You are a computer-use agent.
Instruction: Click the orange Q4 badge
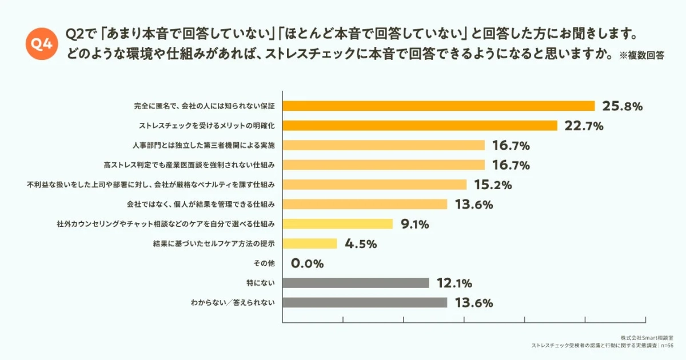click(x=42, y=43)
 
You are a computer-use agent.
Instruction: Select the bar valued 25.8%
click(x=438, y=106)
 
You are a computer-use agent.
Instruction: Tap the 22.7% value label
click(x=584, y=126)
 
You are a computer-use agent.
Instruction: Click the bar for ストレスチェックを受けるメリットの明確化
click(x=420, y=125)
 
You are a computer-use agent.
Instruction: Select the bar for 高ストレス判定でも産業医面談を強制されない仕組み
click(x=384, y=165)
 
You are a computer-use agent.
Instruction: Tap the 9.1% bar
click(x=337, y=223)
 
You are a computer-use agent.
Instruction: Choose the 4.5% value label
click(x=361, y=244)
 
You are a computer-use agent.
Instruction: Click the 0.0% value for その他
click(x=307, y=263)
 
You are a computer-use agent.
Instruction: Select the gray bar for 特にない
click(x=356, y=283)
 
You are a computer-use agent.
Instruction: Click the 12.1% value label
click(x=454, y=283)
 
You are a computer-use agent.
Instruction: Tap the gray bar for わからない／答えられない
click(x=365, y=302)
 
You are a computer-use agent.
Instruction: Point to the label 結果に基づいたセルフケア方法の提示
click(x=214, y=243)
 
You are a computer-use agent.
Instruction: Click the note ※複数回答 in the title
click(x=641, y=56)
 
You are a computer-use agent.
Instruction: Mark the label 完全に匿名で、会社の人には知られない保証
click(x=205, y=106)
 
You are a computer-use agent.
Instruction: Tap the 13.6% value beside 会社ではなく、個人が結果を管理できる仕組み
click(x=473, y=205)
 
